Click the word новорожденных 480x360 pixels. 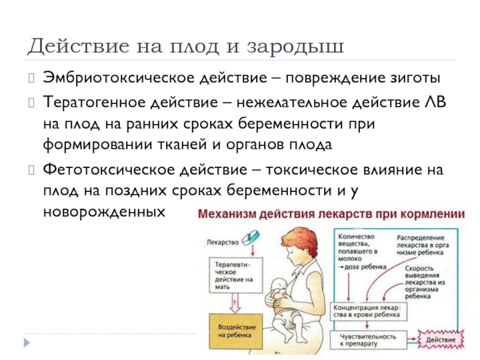103,212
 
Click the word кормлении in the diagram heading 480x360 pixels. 437,214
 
